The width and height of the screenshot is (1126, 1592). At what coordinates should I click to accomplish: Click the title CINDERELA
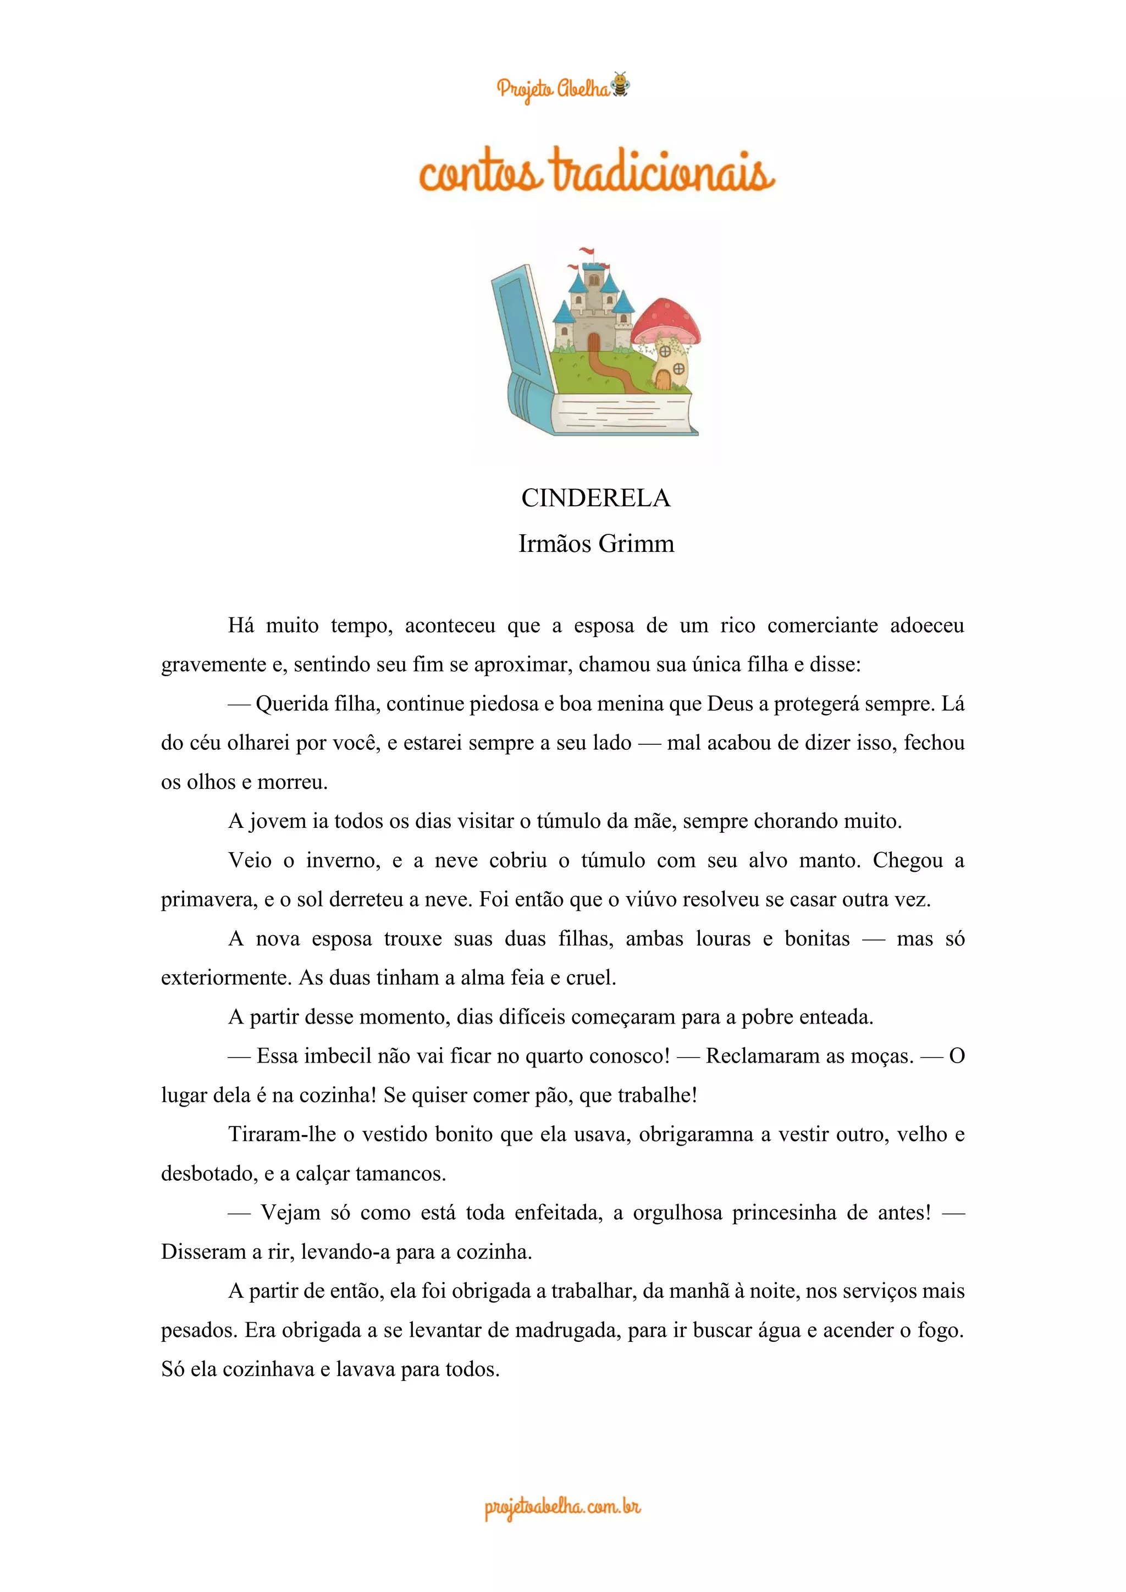coord(595,498)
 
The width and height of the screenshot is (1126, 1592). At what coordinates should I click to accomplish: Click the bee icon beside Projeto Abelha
coord(620,85)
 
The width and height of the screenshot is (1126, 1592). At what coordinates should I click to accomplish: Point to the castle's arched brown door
coord(593,342)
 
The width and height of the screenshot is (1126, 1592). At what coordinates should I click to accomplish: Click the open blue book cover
coord(521,326)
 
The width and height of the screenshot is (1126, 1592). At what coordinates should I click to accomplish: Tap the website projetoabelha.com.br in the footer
coord(562,1507)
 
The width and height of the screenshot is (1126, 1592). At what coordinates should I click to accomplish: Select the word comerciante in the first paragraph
coord(823,626)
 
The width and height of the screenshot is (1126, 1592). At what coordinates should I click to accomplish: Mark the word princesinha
coord(784,1213)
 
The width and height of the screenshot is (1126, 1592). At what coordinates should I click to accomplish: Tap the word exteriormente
coord(227,977)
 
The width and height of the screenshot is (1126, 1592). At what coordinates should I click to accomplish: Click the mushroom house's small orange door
coord(664,379)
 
